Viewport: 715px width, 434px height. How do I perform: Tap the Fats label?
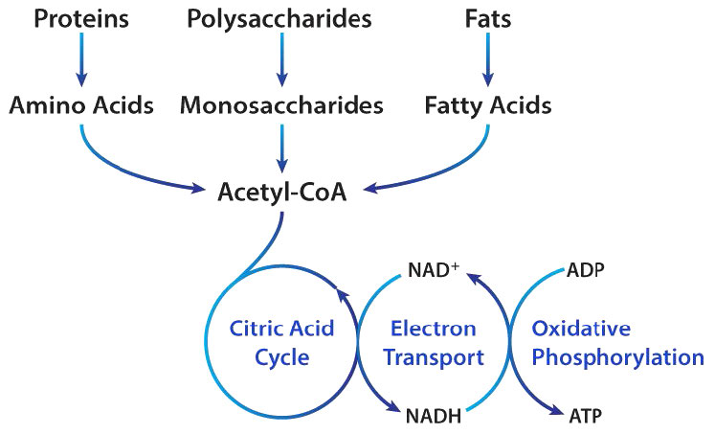click(x=488, y=18)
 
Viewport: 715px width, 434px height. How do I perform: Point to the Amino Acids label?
click(x=81, y=104)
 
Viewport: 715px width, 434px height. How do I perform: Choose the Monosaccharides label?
click(x=281, y=104)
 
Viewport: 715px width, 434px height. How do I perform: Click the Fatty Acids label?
click(x=488, y=104)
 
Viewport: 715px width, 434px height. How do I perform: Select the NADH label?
click(x=434, y=415)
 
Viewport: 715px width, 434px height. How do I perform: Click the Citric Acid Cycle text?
click(x=282, y=343)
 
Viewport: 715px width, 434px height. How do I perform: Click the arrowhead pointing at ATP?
click(x=554, y=409)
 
